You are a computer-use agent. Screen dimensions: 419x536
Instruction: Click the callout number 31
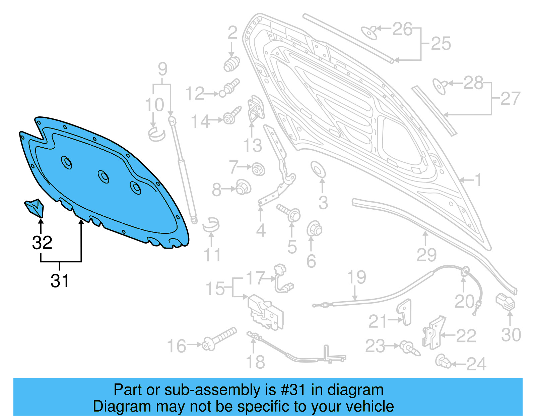pyautogui.click(x=60, y=280)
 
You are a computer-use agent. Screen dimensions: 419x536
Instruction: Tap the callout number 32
pyautogui.click(x=42, y=242)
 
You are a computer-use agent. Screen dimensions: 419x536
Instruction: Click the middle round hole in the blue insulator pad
pyautogui.click(x=103, y=176)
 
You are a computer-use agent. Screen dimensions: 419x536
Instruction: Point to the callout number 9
pyautogui.click(x=162, y=69)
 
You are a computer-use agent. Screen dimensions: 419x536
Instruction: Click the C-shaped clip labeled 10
pyautogui.click(x=156, y=134)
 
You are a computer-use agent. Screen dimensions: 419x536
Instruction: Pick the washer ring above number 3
pyautogui.click(x=318, y=169)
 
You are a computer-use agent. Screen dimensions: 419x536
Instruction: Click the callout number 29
pyautogui.click(x=426, y=255)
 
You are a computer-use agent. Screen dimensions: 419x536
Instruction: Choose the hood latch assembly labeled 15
pyautogui.click(x=265, y=312)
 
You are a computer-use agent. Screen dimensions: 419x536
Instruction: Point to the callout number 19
pyautogui.click(x=356, y=277)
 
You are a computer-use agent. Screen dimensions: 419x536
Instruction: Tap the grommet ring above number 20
pyautogui.click(x=465, y=272)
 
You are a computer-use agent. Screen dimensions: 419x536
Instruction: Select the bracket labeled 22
pyautogui.click(x=433, y=332)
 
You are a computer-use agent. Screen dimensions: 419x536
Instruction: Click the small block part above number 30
pyautogui.click(x=505, y=301)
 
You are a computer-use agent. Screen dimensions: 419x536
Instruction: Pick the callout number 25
pyautogui.click(x=441, y=44)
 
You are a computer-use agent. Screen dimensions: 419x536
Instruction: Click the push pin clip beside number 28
pyautogui.click(x=439, y=86)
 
